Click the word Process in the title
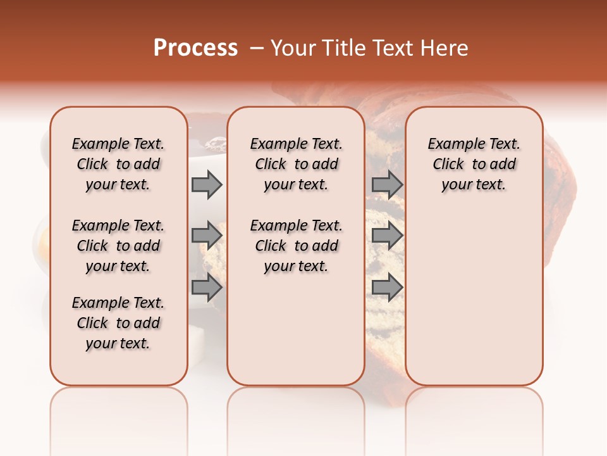[x=195, y=47]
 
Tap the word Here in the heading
[x=444, y=47]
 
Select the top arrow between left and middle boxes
[x=207, y=184]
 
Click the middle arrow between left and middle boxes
[x=207, y=236]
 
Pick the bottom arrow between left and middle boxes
[x=207, y=288]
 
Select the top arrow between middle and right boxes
[x=387, y=184]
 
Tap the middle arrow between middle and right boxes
[x=387, y=236]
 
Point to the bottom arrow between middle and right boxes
[x=387, y=288]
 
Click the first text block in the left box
[x=118, y=164]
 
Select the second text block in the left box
[x=118, y=246]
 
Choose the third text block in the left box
[x=118, y=323]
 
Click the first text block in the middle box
[x=297, y=164]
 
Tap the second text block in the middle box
[x=297, y=246]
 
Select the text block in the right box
[x=474, y=164]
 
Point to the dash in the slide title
[x=257, y=47]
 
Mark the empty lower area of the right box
[x=474, y=298]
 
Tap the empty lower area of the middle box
[x=296, y=329]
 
